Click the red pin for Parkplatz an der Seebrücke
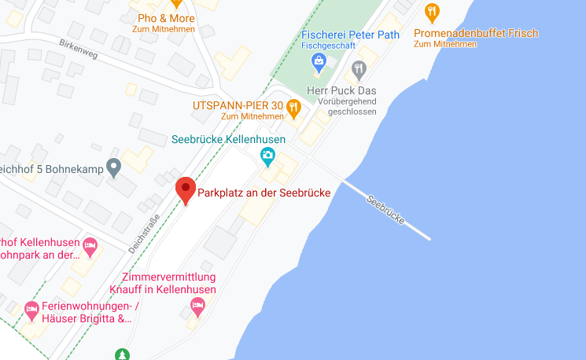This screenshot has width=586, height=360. coord(185,189)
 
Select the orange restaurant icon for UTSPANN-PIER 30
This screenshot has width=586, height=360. coord(293,108)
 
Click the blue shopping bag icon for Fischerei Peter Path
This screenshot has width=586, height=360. coord(319,63)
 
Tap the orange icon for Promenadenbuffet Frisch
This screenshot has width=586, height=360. coord(431,12)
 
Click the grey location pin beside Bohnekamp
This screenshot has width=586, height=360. coord(114,167)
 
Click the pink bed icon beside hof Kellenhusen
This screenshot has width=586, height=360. coord(90,246)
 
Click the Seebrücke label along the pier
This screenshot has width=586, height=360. coord(386,210)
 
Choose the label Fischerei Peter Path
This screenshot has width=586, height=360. coord(351,35)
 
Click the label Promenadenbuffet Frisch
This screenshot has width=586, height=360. coord(476,33)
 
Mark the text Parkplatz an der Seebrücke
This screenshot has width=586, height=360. coord(263,193)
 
